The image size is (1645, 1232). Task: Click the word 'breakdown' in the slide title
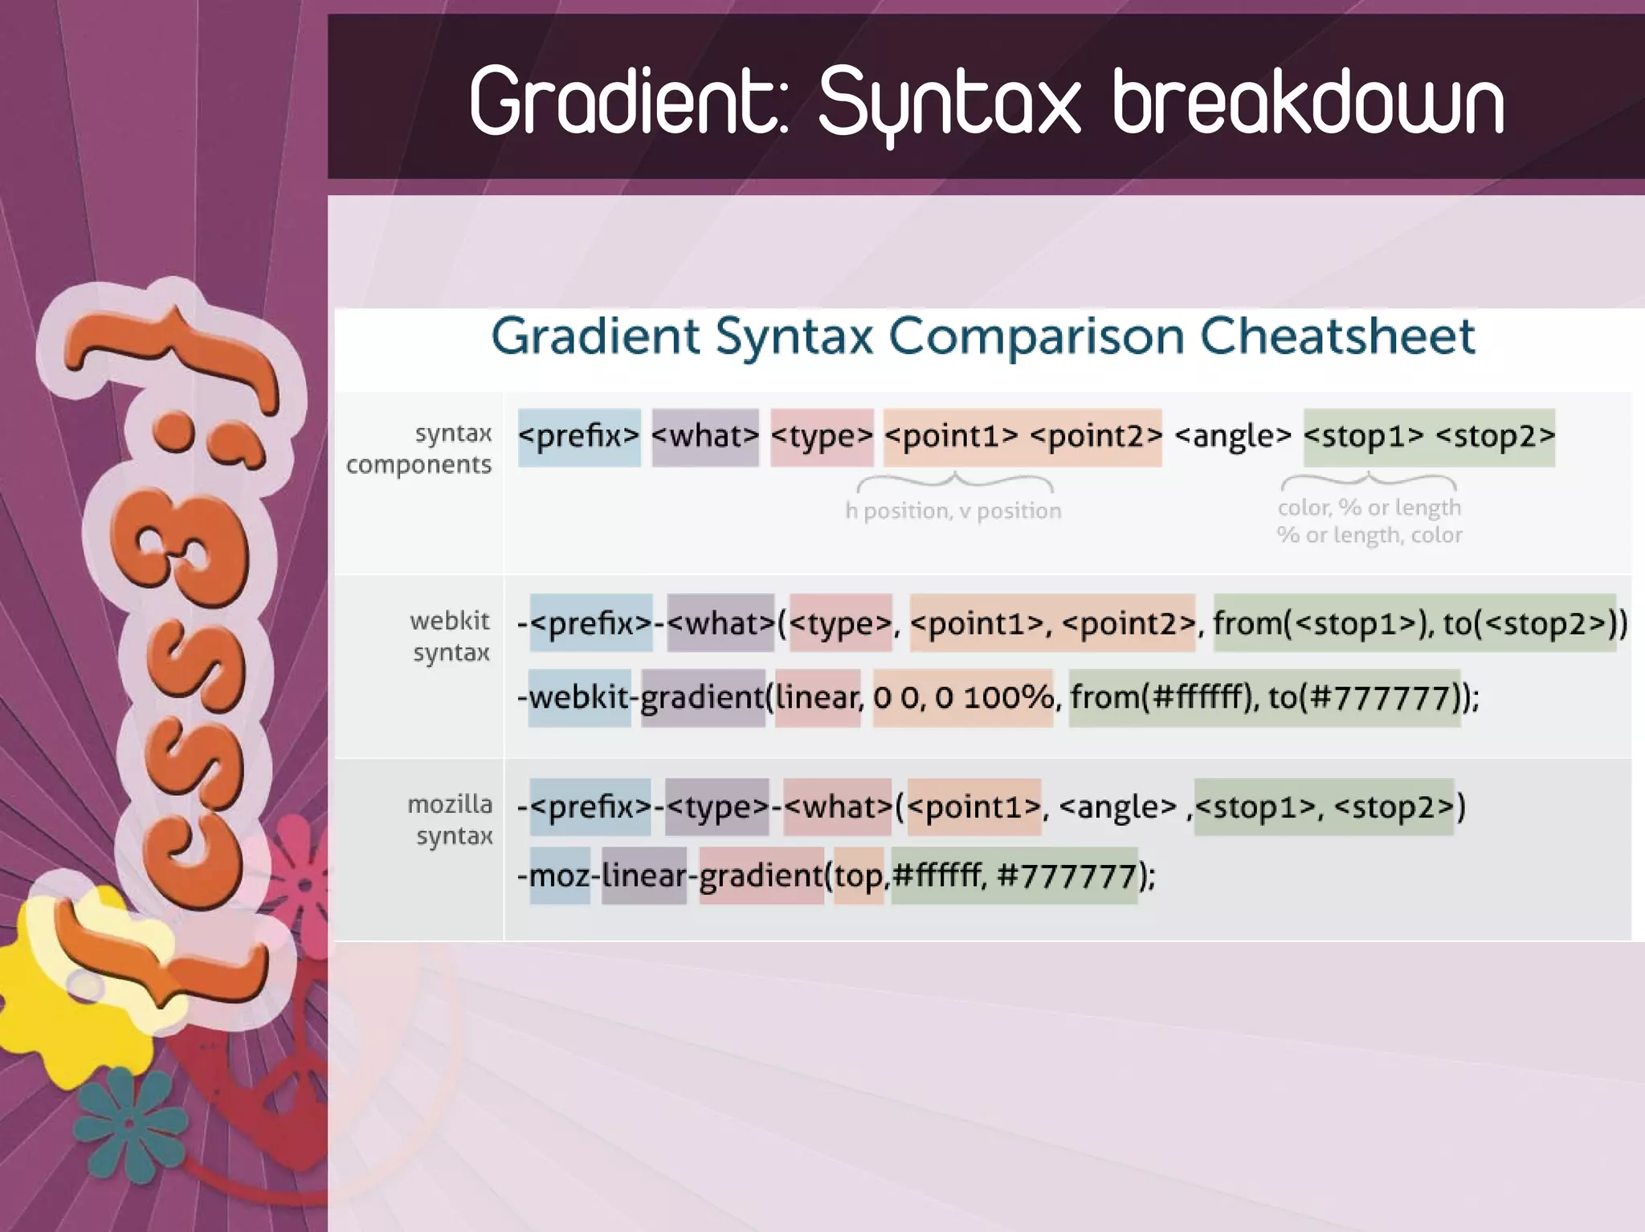1308,103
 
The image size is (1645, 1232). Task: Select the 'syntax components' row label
419,448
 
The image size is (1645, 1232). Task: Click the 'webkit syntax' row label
450,635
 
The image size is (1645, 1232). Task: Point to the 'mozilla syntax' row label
451,819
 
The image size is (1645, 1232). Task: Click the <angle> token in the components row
1232,436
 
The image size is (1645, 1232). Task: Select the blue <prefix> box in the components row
578,436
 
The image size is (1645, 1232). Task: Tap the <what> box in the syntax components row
704,436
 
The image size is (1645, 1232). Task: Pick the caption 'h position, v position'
953,511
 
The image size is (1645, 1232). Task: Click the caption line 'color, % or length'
1369,508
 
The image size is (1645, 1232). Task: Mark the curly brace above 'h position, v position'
954,483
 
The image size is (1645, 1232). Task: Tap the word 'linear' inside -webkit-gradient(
816,697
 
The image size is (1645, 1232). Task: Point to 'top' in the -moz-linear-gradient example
858,875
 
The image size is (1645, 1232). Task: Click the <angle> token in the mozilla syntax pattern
1117,806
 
